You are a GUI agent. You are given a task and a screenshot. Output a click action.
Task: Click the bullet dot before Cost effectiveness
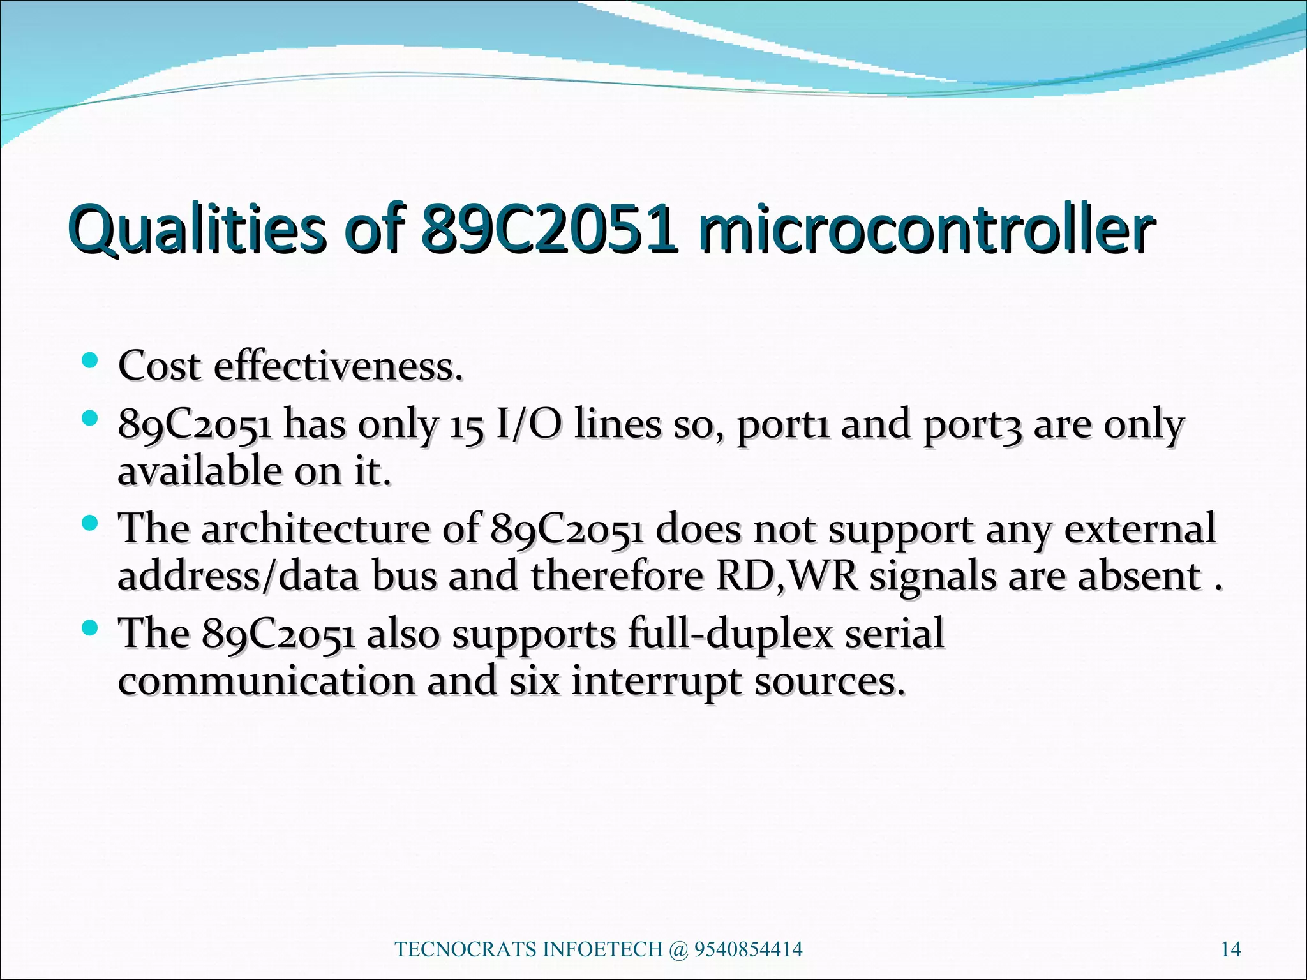pos(90,362)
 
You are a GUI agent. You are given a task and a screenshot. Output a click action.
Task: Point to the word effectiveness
pos(338,367)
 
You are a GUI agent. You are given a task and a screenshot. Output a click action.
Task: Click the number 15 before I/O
pos(467,426)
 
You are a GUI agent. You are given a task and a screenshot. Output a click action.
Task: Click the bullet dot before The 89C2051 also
pos(90,628)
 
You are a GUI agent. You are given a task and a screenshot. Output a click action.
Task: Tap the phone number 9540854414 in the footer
pos(748,950)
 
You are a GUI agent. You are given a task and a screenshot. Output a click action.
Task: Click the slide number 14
pos(1230,950)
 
